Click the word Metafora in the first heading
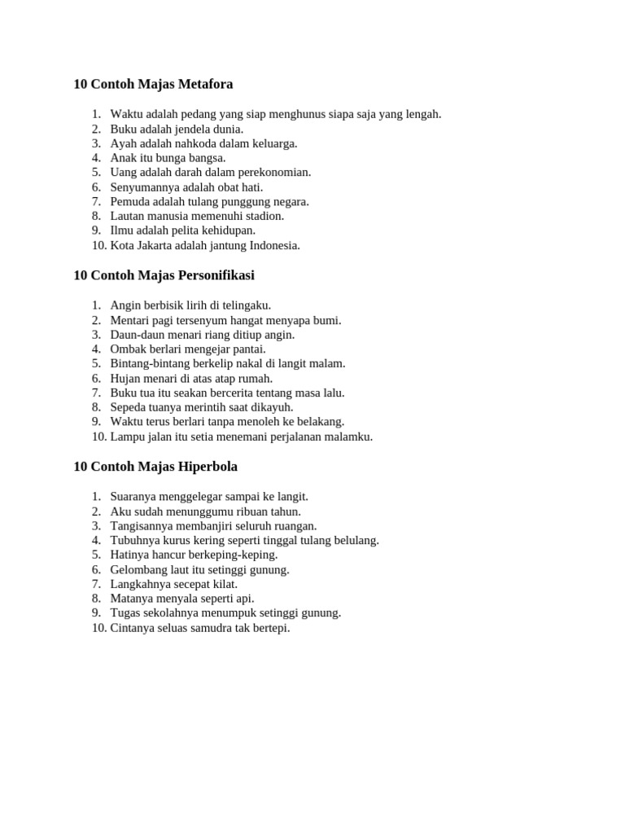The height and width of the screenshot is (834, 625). [203, 84]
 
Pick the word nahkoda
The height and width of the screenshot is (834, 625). [191, 143]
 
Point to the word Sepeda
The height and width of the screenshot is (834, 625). [129, 407]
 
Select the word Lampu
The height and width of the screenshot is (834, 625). [127, 437]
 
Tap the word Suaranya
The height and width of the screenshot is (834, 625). [134, 497]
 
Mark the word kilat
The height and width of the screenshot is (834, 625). [225, 584]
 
